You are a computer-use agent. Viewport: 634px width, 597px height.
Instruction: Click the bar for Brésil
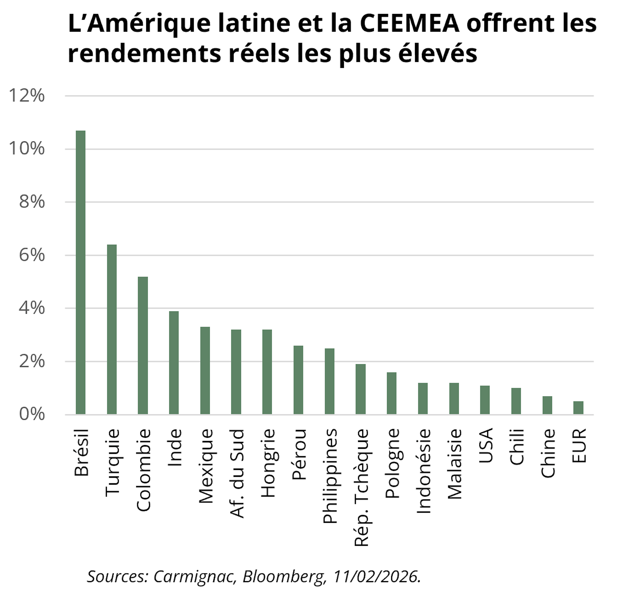[x=80, y=273]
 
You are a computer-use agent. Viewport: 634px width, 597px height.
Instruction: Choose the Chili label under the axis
[x=517, y=447]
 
